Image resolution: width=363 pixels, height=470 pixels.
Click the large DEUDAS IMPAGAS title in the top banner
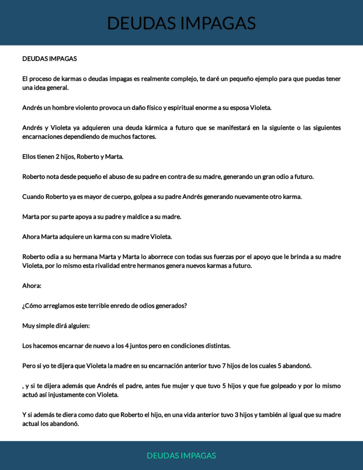coord(181,23)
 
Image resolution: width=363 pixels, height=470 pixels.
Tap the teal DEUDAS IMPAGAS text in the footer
coord(181,455)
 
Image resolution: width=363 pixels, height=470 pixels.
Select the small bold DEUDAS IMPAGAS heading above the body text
coord(50,59)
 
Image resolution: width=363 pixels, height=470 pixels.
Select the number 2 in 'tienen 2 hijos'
coord(58,157)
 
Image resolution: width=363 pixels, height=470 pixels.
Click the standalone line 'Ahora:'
coord(32,285)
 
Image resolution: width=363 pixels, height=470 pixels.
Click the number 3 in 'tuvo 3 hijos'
coord(236,414)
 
